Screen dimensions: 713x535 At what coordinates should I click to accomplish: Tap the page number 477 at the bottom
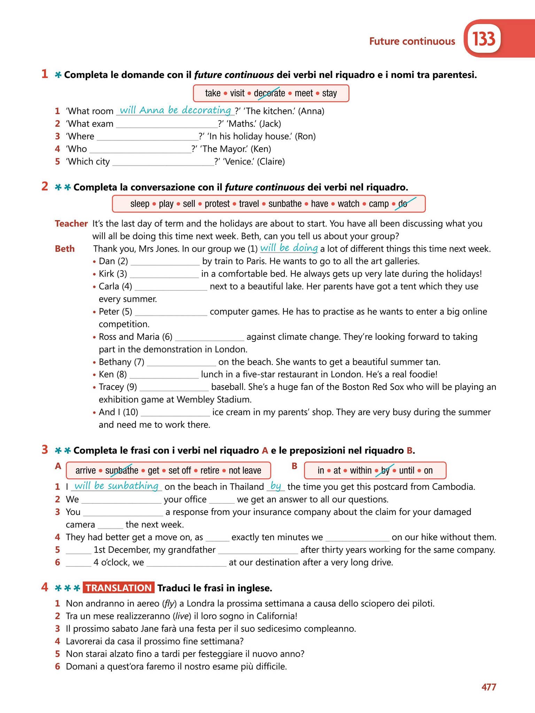tap(489, 687)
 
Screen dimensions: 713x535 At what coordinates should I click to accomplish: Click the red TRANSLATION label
tap(118, 588)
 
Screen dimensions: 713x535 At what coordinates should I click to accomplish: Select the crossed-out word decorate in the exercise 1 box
tap(269, 93)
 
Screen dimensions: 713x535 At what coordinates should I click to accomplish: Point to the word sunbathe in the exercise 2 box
tap(285, 204)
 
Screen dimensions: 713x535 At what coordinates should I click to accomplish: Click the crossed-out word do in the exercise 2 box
tap(403, 204)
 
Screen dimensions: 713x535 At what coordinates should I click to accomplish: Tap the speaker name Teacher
tap(71, 224)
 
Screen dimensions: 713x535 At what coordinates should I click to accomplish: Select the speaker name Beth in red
tap(65, 249)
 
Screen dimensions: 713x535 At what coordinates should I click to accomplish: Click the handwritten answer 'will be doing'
tap(289, 248)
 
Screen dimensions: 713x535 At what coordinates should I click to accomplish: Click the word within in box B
tap(360, 471)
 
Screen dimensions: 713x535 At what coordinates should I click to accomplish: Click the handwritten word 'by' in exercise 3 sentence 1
tap(276, 486)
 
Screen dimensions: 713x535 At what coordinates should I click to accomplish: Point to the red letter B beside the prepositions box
tap(294, 466)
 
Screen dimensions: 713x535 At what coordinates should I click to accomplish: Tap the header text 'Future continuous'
tap(412, 41)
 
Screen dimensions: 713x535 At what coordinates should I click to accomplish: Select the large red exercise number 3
tap(45, 450)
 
